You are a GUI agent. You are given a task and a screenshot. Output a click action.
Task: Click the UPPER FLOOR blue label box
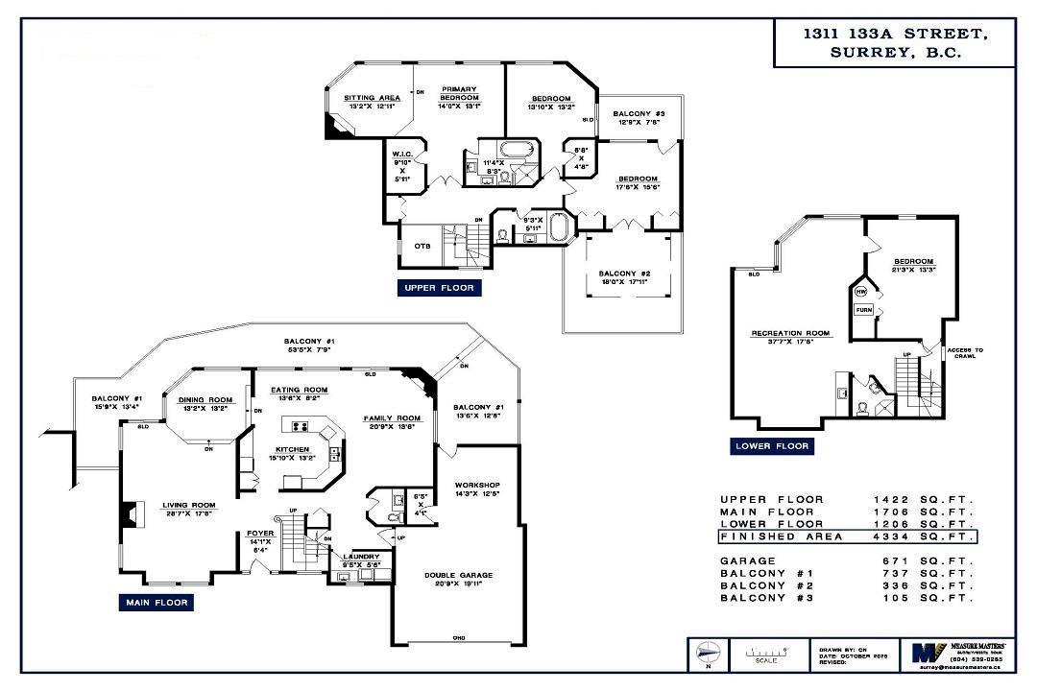pos(438,287)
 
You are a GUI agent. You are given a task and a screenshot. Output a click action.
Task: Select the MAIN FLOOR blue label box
pos(156,603)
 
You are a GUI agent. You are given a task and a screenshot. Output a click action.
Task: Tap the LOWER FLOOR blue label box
pos(773,446)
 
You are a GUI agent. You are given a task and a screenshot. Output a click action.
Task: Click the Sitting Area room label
pos(373,98)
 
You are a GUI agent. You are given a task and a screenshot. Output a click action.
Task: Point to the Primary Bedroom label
pos(459,94)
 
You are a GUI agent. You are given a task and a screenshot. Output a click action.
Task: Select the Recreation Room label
pos(790,333)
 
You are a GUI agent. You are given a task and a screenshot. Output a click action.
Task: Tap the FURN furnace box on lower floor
pos(863,310)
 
